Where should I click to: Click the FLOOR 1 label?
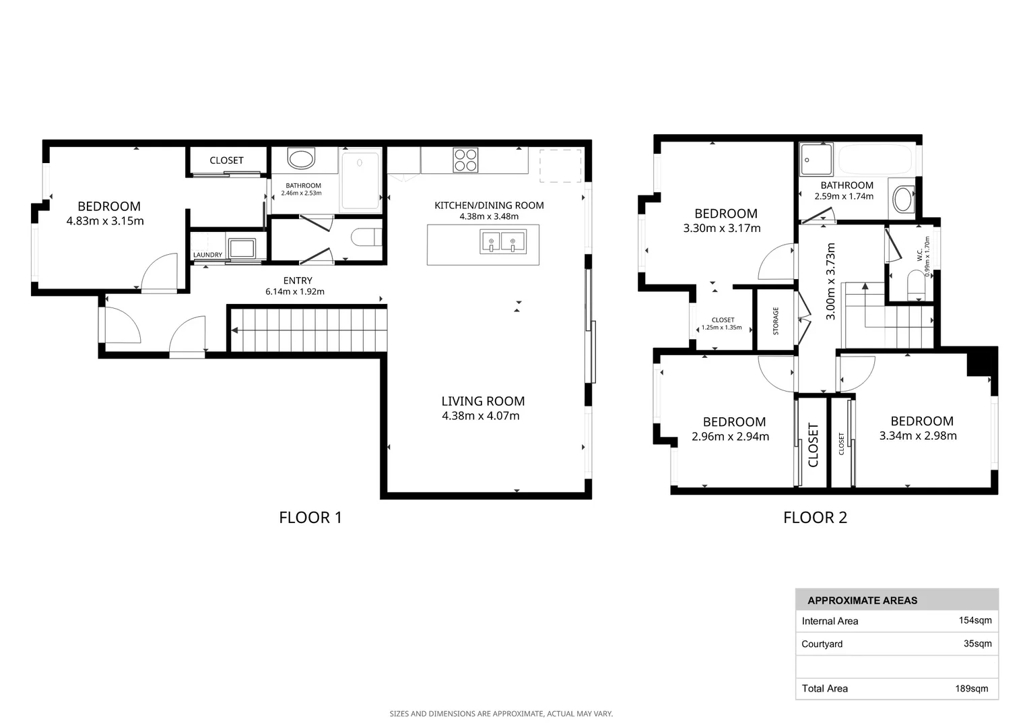310,518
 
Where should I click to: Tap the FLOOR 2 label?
815,518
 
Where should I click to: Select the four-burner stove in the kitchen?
465,160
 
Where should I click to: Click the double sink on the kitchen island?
502,241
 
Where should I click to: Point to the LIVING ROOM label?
483,401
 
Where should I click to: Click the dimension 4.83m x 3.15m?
105,221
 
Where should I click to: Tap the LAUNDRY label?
207,255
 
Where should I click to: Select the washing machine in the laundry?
242,248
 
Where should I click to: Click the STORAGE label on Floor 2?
776,321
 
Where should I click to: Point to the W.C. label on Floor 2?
920,255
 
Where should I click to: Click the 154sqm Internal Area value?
975,620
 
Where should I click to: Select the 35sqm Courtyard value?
978,643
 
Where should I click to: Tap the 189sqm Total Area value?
972,688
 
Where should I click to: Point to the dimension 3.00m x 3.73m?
830,281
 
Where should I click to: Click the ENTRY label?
298,280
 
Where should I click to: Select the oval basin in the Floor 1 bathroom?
301,158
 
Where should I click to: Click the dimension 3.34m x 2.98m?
918,436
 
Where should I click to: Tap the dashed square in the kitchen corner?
560,166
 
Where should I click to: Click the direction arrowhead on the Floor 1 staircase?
234,330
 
